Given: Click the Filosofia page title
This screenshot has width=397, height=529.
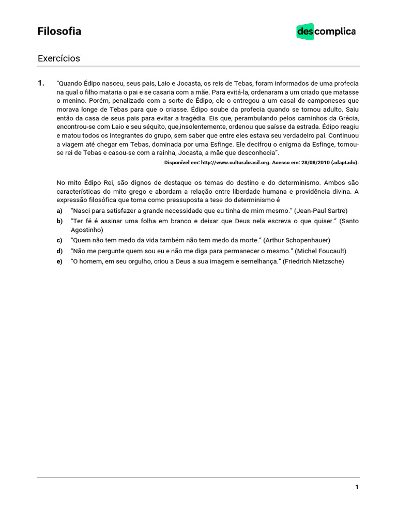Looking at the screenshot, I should click(x=59, y=32).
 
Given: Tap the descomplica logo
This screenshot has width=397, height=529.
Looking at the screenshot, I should click(x=326, y=32).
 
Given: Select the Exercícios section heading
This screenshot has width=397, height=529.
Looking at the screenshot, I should click(x=58, y=58).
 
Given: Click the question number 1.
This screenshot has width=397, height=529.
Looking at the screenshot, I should click(x=41, y=83).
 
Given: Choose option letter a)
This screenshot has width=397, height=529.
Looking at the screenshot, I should click(x=59, y=211).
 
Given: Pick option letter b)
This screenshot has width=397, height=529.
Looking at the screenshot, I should click(x=59, y=221).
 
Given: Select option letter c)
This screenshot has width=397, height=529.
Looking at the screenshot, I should click(x=59, y=240).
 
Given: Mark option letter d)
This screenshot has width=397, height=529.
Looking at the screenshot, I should click(x=59, y=251).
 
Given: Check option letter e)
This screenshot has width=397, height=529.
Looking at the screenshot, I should click(x=59, y=261).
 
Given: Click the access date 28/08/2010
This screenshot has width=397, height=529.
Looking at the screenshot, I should click(x=315, y=162).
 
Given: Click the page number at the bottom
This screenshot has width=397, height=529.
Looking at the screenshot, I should click(x=357, y=487).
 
